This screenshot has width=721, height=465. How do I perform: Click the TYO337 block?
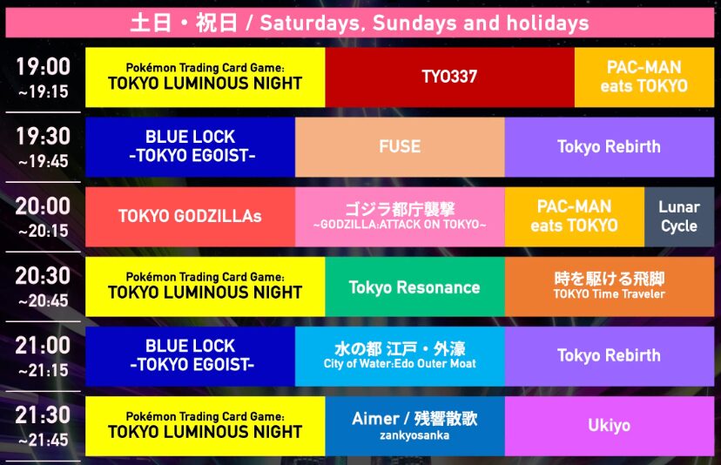449,77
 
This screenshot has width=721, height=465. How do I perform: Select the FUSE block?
400,146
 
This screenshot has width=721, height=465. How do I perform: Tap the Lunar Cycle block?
679,217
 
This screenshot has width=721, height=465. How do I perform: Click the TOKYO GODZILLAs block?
190,217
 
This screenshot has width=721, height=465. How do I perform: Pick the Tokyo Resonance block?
414,286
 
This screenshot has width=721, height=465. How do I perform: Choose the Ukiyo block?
610,426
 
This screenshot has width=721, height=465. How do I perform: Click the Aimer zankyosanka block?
414,426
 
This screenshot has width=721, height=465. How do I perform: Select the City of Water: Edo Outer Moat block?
400,356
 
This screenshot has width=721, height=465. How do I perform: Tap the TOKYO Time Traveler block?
610,286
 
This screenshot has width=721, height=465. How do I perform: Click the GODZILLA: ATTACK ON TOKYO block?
400,217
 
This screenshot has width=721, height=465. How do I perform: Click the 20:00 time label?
43,217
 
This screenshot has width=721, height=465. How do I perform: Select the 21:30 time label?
43,426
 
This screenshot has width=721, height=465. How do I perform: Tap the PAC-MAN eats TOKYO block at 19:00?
644,77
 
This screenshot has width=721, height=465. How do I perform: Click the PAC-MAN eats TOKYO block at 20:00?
575,217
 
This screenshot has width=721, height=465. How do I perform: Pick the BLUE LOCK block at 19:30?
190,146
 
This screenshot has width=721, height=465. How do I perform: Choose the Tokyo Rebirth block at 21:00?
610,356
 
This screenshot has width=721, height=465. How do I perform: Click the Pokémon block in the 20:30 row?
206,286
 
